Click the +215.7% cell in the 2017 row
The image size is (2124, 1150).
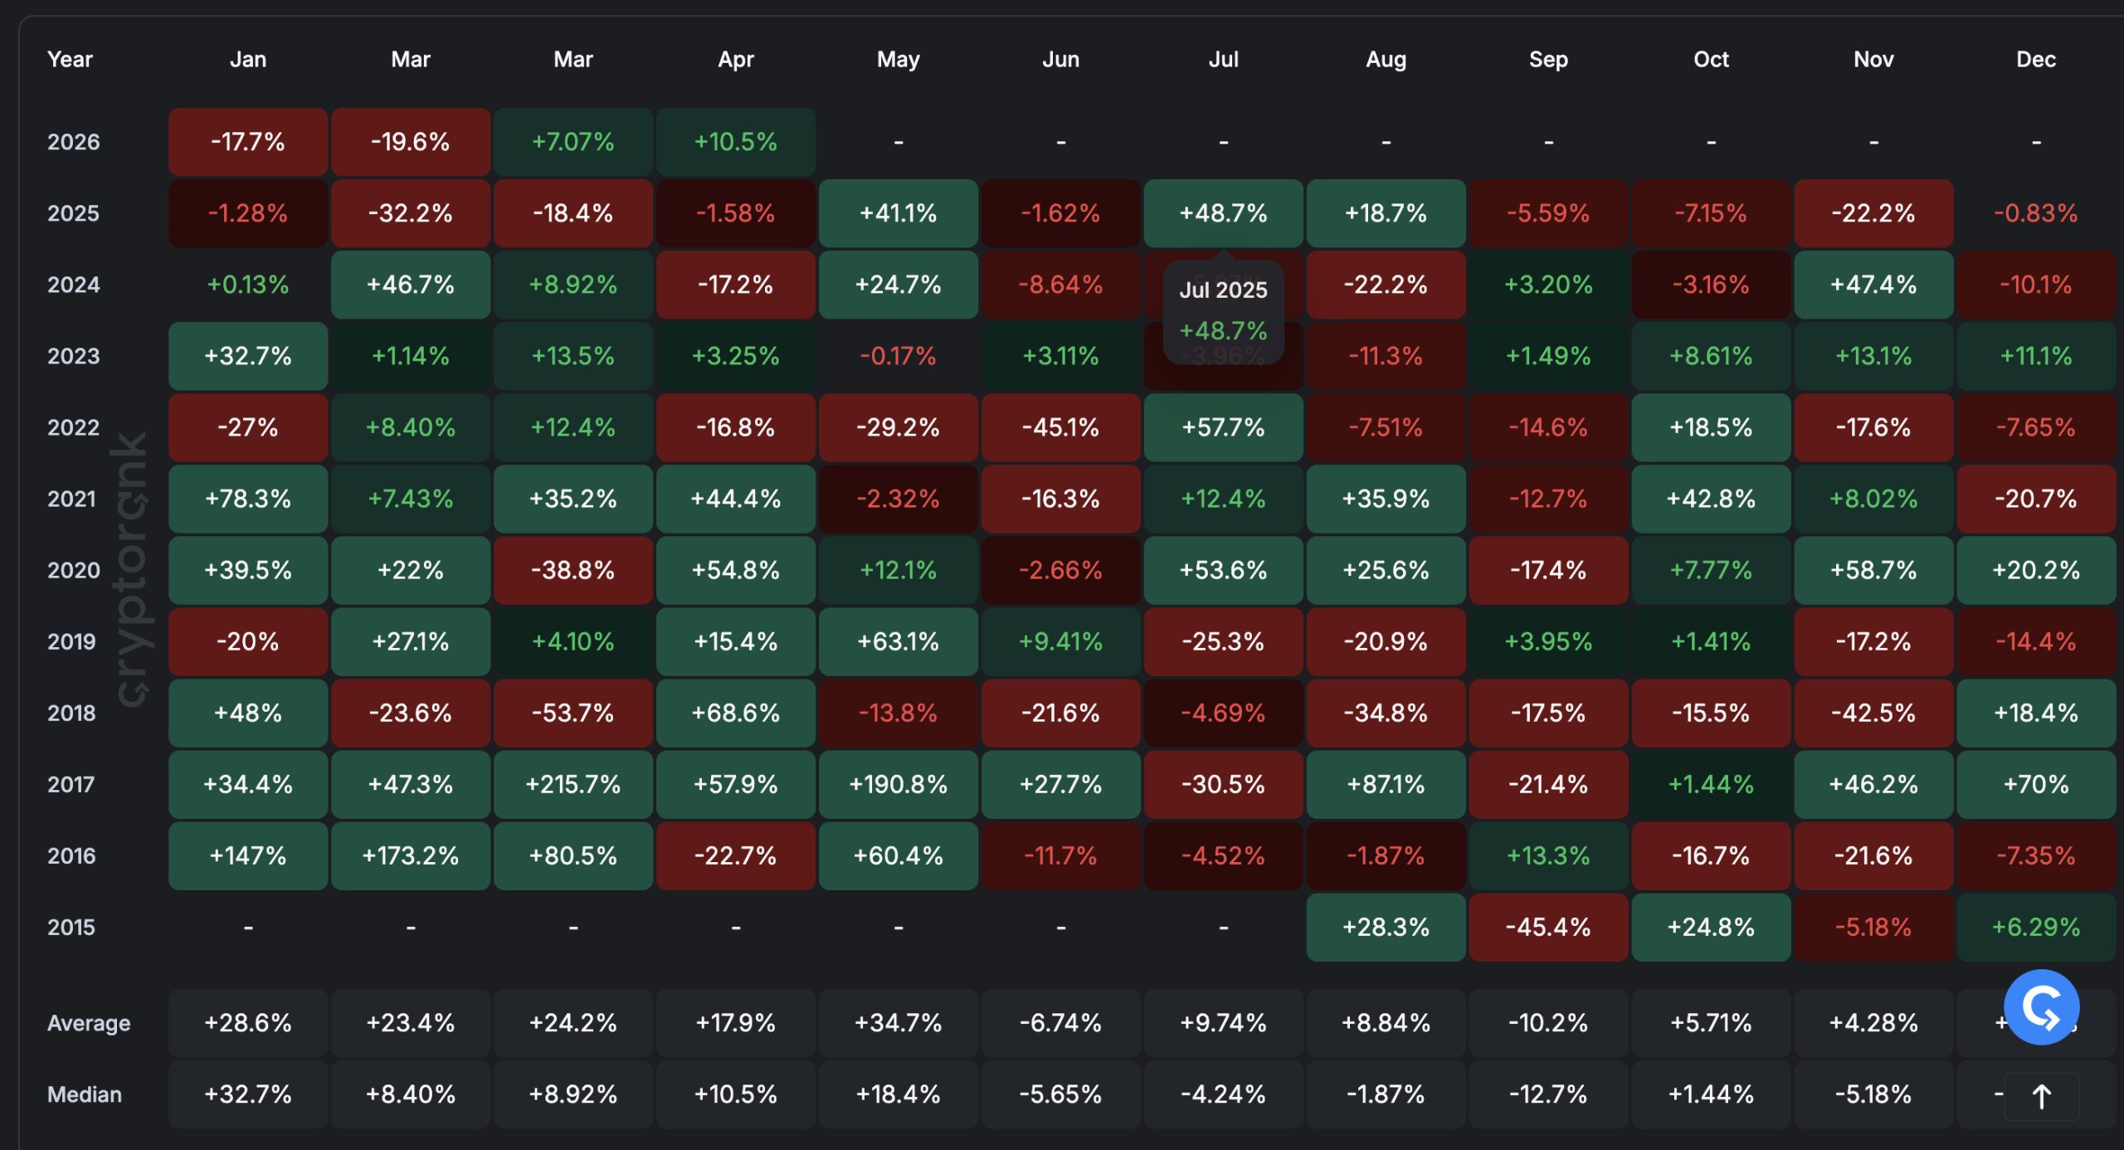coord(572,784)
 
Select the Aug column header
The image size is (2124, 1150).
coord(1386,60)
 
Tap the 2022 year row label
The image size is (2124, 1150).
coord(73,427)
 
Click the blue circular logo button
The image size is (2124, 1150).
coord(2040,1006)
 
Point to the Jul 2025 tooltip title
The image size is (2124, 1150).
coord(1223,290)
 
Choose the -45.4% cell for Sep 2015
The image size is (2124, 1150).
coord(1548,927)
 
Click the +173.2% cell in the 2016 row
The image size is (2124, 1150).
coord(410,855)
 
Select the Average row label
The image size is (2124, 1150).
coord(89,1023)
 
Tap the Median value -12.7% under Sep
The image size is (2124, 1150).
coord(1548,1094)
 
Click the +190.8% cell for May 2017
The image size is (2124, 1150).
coord(898,784)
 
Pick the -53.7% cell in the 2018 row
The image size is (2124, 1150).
coord(572,713)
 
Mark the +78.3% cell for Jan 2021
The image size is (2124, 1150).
coord(247,499)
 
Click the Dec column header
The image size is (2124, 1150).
coord(2035,60)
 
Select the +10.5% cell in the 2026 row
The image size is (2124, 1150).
coord(735,142)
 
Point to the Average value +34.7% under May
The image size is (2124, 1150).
coord(898,1023)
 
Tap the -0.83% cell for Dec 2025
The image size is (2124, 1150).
coord(2035,213)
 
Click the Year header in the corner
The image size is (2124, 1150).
coord(70,60)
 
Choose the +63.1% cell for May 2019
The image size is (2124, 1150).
coord(898,641)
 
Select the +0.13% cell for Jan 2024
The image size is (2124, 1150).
coord(247,285)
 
